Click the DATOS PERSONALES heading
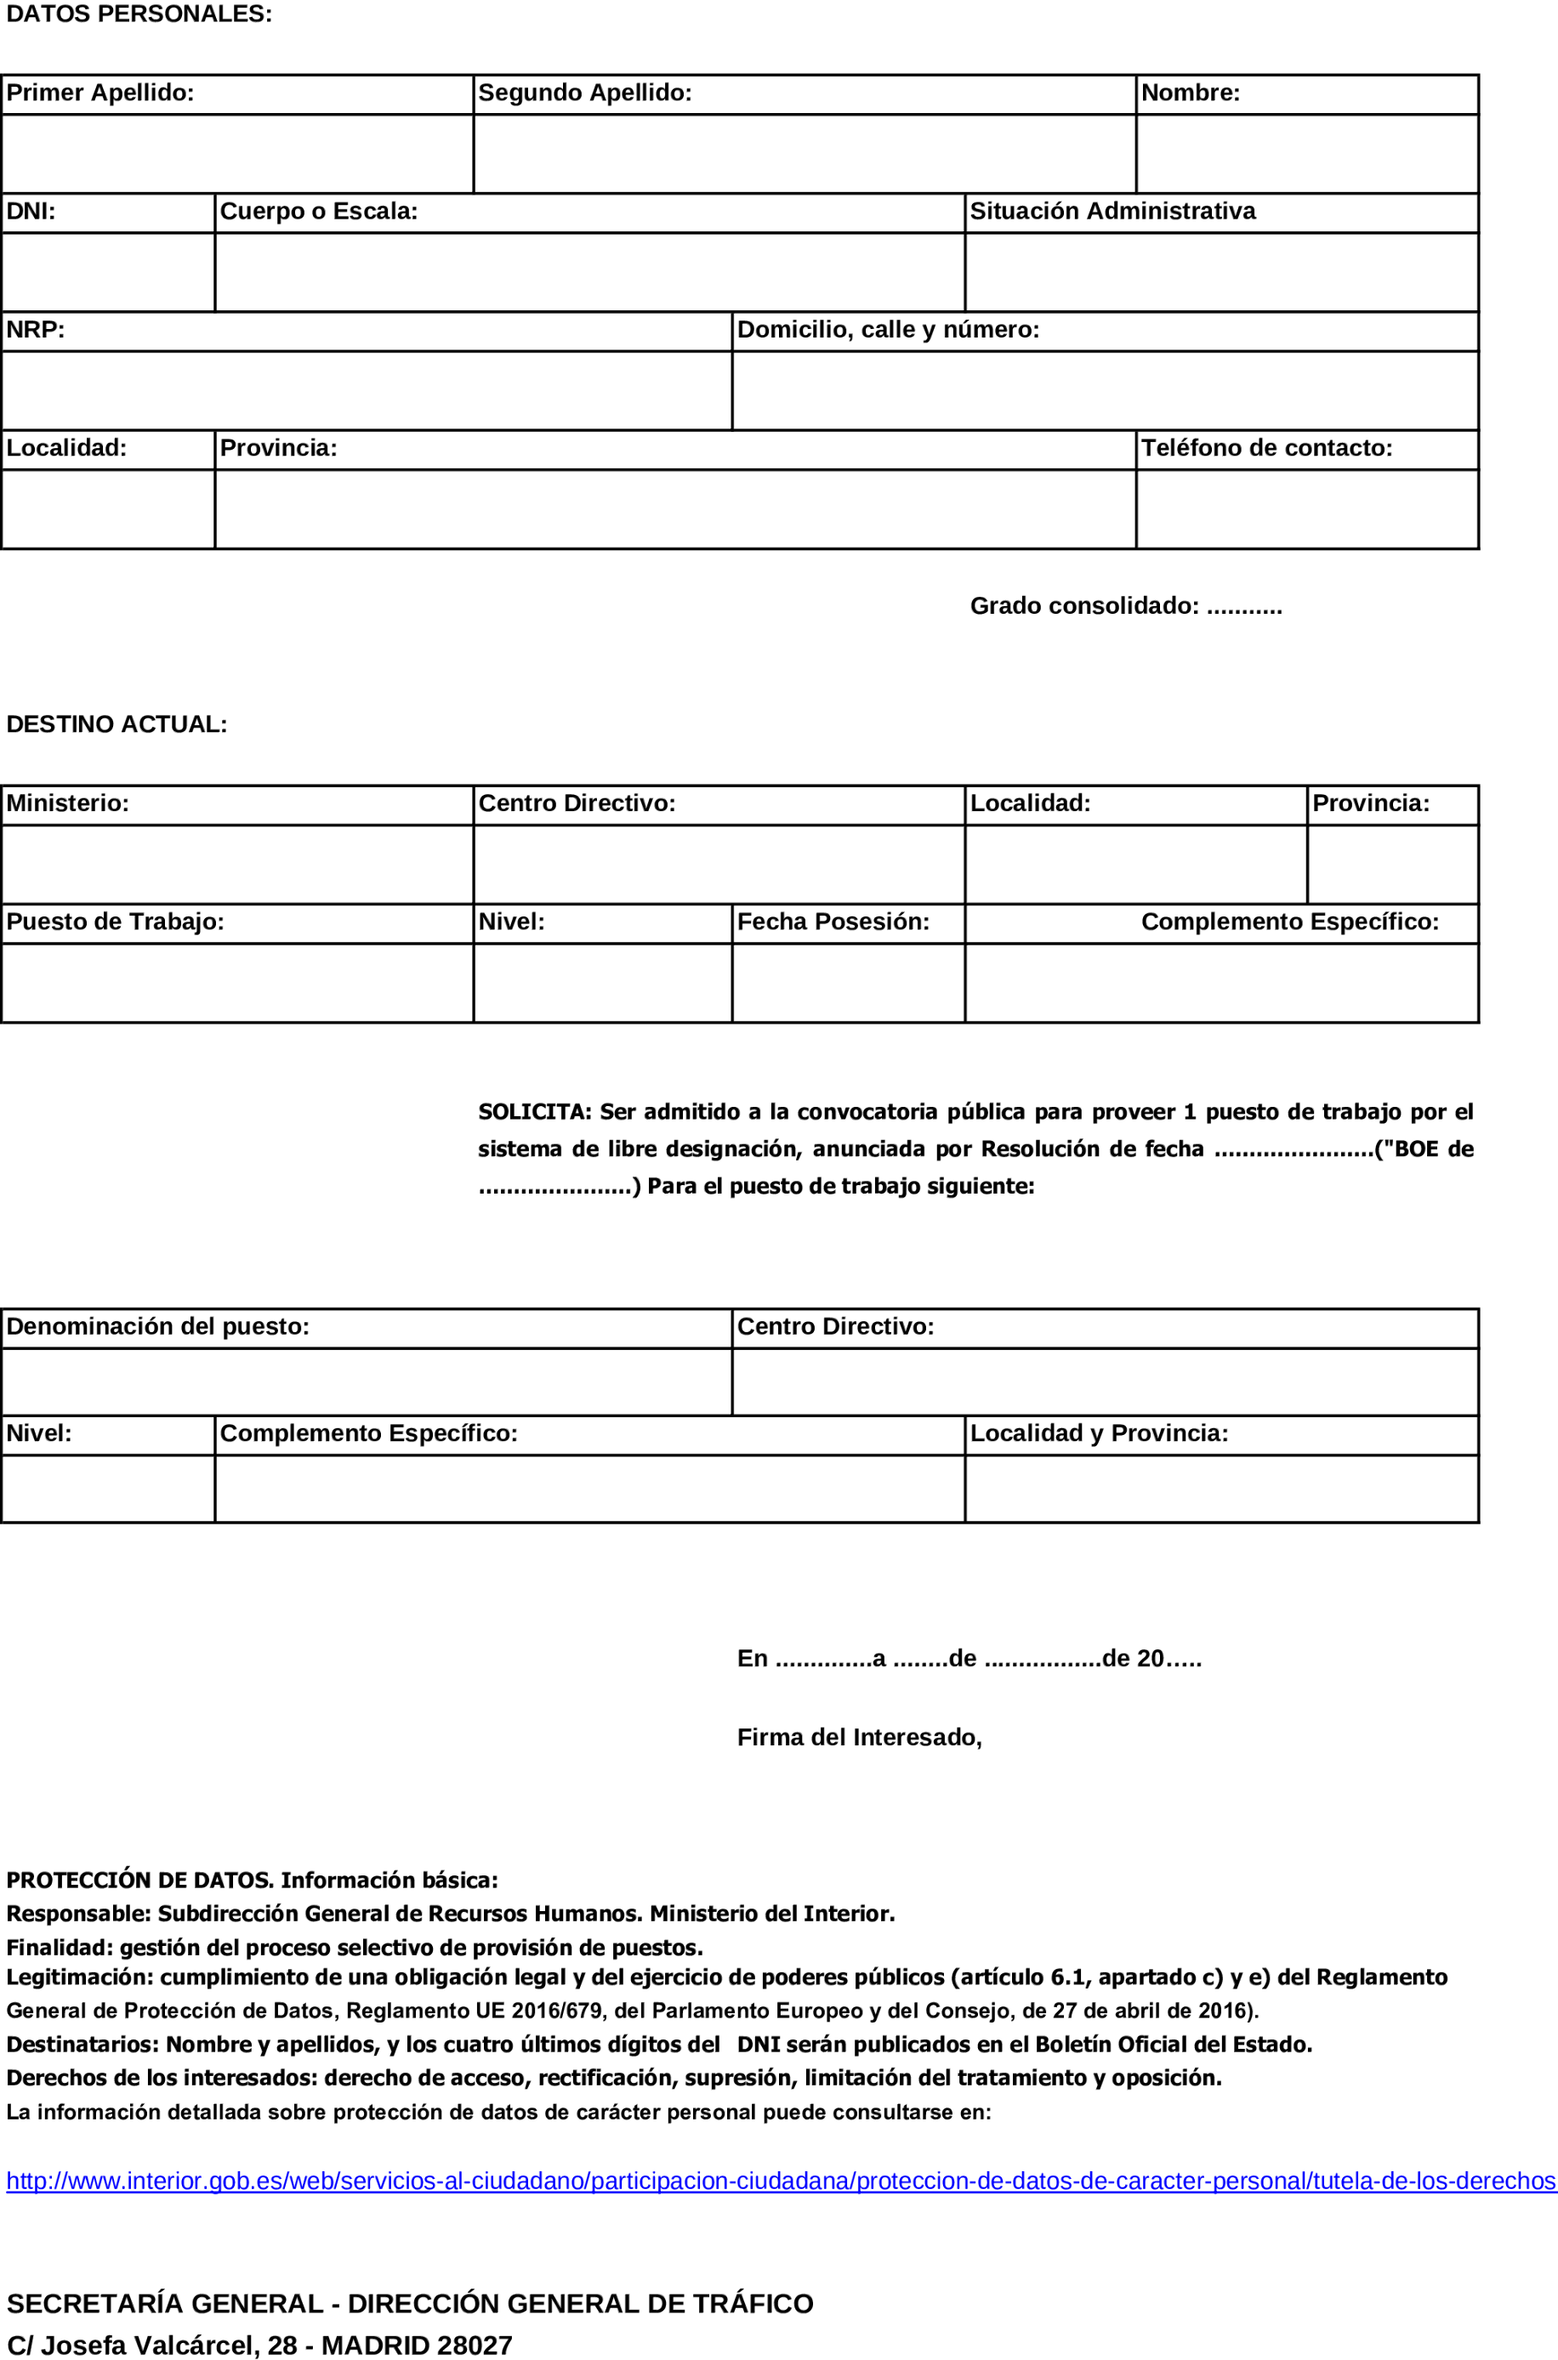point(139,14)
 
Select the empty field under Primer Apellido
point(236,154)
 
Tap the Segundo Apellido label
point(584,94)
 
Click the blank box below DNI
point(107,272)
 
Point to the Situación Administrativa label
point(1112,212)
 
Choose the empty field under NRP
point(366,390)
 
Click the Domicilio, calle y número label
point(887,330)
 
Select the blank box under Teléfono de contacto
point(1306,508)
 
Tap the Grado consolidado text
point(1125,606)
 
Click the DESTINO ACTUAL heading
point(117,724)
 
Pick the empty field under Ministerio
point(236,864)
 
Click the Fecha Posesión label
point(833,922)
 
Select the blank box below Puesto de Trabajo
point(236,982)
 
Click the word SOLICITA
point(533,1111)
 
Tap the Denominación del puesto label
point(158,1326)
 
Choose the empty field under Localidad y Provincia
point(1221,1488)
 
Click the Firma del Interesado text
point(858,1737)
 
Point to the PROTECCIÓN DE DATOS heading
point(139,1881)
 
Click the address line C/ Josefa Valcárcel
point(259,2345)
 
